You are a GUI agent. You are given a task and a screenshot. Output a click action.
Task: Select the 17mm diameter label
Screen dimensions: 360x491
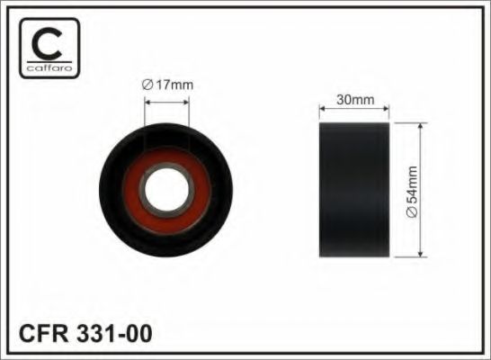(x=168, y=85)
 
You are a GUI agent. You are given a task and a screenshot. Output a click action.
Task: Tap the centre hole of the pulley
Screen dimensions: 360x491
(x=165, y=191)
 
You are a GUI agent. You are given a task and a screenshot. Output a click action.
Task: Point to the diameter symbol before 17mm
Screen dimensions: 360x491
(x=147, y=85)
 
